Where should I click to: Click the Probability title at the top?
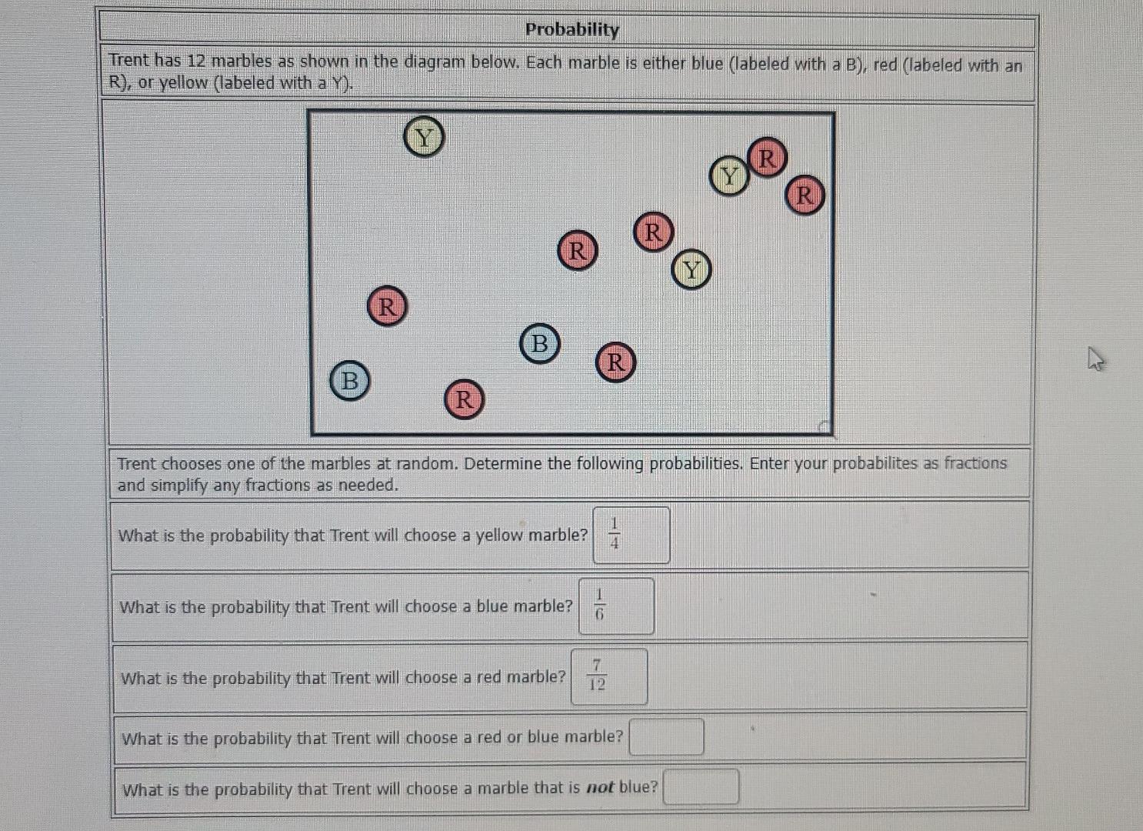pos(571,29)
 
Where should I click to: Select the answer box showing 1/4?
pos(631,535)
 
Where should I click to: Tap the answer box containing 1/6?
pos(616,606)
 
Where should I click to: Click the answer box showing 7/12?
pos(608,676)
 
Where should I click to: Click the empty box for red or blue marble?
pos(666,737)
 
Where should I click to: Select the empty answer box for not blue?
pos(701,787)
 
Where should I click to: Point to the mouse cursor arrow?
pos(1095,358)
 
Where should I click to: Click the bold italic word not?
pos(600,788)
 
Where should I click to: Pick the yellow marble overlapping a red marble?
pos(728,177)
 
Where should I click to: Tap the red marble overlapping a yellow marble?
pos(767,158)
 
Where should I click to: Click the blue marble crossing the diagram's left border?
pos(349,380)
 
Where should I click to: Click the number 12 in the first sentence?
pos(196,61)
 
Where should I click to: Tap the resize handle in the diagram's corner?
pos(824,426)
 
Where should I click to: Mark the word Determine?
pos(501,463)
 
